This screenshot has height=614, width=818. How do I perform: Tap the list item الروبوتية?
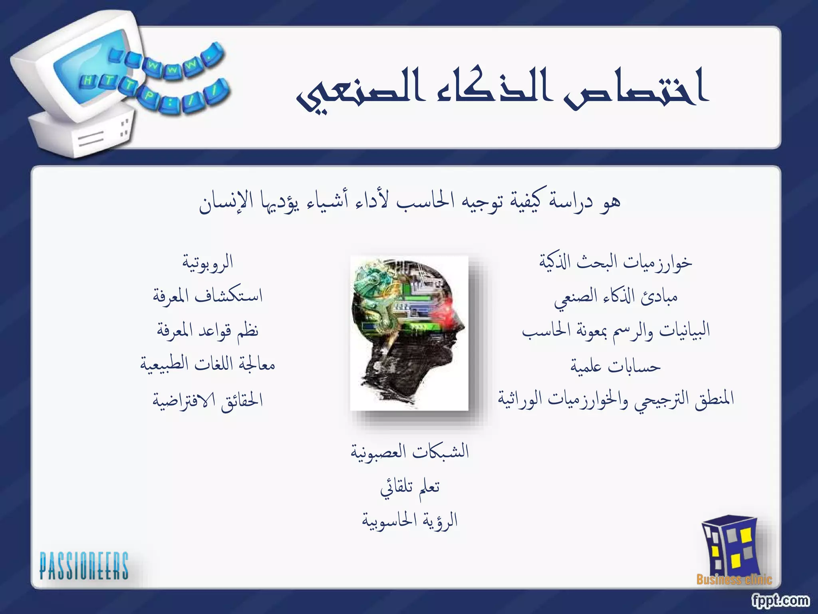click(x=208, y=263)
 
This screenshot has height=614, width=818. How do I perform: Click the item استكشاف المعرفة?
click(x=208, y=297)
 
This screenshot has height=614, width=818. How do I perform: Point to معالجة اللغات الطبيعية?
click(x=208, y=365)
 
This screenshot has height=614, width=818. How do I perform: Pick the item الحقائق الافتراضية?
click(x=208, y=400)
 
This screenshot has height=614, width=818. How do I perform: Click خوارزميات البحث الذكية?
click(x=615, y=263)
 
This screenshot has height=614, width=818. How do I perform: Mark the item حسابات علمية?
click(x=615, y=366)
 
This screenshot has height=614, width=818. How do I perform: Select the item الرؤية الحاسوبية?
click(x=410, y=521)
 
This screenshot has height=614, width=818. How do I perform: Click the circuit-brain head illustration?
click(x=409, y=333)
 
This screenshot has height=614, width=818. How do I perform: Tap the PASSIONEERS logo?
click(x=84, y=566)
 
